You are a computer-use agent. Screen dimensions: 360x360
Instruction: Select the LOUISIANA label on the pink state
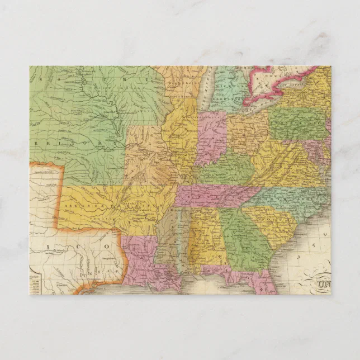143,257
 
